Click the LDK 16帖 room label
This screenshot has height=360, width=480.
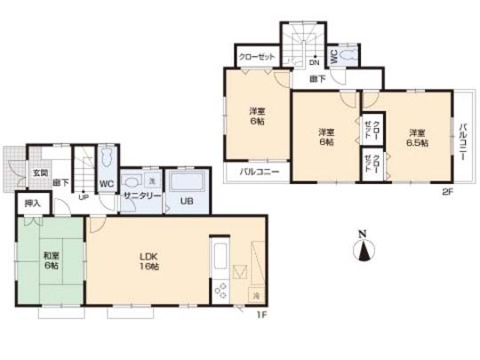pos(148,262)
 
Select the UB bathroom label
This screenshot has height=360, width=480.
pos(188,202)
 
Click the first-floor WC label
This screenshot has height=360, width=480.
pos(106,184)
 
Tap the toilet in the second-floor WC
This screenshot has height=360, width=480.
pos(348,55)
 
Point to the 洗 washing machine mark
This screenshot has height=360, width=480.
pos(150,181)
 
